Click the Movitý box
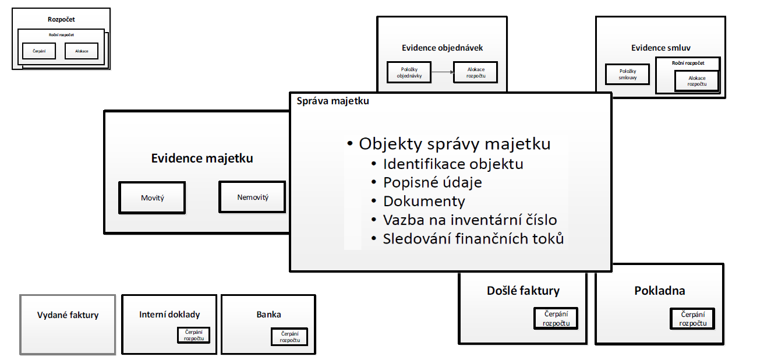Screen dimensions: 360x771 pyautogui.click(x=152, y=198)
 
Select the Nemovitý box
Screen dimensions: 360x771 pyautogui.click(x=253, y=197)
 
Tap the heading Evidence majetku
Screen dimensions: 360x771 pyautogui.click(x=202, y=158)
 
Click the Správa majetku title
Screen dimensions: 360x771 pyautogui.click(x=333, y=101)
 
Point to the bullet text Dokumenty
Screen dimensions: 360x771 pyautogui.click(x=423, y=202)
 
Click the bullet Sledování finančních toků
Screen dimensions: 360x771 pyautogui.click(x=473, y=239)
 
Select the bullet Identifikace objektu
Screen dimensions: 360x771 pyautogui.click(x=452, y=164)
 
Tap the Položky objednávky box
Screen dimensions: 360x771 pyautogui.click(x=409, y=72)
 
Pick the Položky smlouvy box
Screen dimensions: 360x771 pyautogui.click(x=627, y=73)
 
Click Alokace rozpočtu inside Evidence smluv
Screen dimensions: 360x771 pyautogui.click(x=696, y=80)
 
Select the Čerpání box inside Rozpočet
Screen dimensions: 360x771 pyautogui.click(x=38, y=51)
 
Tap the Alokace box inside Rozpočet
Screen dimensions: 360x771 pyautogui.click(x=82, y=51)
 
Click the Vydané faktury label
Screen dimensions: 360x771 pyautogui.click(x=68, y=315)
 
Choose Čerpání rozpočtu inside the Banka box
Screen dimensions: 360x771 pyautogui.click(x=289, y=337)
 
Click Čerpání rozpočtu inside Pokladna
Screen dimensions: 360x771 pyautogui.click(x=692, y=319)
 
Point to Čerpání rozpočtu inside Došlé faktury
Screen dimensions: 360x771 pyautogui.click(x=556, y=319)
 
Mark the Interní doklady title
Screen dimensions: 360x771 pyautogui.click(x=169, y=315)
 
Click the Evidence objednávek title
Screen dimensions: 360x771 pyautogui.click(x=442, y=48)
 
